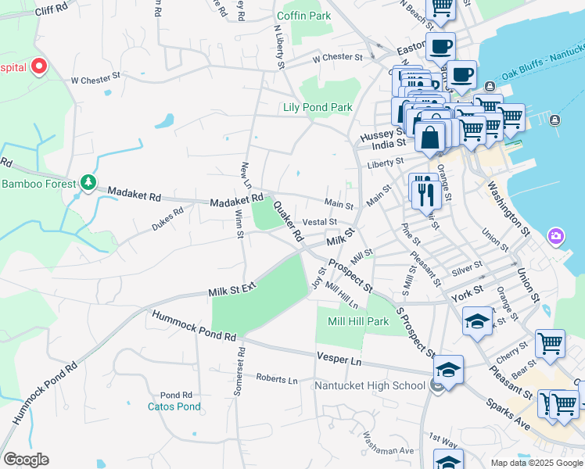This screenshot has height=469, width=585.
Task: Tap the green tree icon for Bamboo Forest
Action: pyautogui.click(x=88, y=184)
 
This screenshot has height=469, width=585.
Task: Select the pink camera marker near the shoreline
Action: pyautogui.click(x=556, y=235)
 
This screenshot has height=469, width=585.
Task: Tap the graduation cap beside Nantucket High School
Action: pyautogui.click(x=449, y=370)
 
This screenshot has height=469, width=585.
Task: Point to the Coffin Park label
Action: pyautogui.click(x=303, y=16)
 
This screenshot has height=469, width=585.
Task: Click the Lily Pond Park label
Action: pyautogui.click(x=318, y=107)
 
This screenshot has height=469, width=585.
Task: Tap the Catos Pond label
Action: pyautogui.click(x=174, y=406)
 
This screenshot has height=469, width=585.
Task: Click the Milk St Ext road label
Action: pyautogui.click(x=232, y=290)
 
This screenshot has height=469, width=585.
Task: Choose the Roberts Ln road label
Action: pyautogui.click(x=277, y=379)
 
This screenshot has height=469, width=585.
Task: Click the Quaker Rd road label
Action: pyautogui.click(x=287, y=220)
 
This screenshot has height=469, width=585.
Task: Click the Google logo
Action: pyautogui.click(x=26, y=460)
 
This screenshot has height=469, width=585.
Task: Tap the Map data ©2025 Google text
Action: pyautogui.click(x=536, y=463)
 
